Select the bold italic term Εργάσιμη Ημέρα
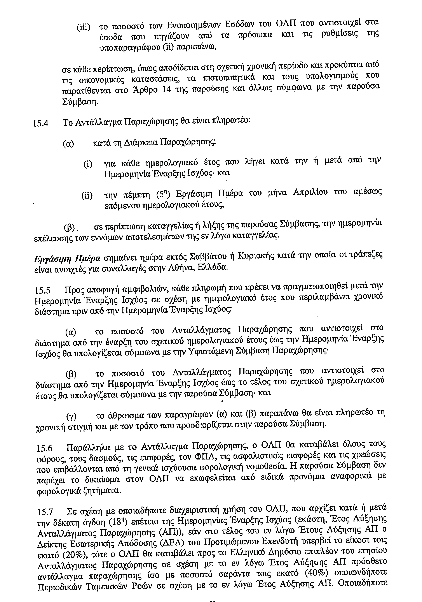[67, 259]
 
